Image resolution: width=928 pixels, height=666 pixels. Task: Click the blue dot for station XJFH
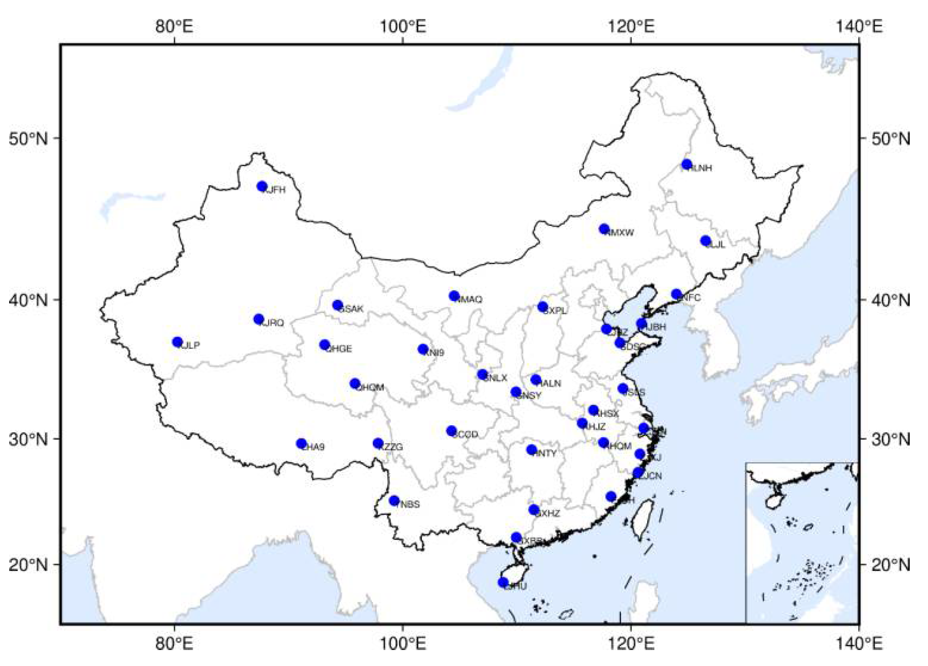[x=262, y=186]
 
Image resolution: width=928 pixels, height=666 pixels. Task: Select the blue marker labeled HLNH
[x=687, y=165]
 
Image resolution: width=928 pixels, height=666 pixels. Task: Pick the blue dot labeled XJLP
[x=177, y=342]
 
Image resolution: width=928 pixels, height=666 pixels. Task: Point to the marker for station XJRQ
[x=258, y=319]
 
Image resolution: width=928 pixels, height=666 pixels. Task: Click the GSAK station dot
[x=338, y=305]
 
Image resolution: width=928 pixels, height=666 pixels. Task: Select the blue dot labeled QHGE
[x=325, y=345]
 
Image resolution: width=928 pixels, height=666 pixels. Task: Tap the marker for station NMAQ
[x=454, y=295]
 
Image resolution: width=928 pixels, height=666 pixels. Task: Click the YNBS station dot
[x=394, y=500]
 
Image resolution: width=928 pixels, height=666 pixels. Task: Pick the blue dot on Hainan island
[x=503, y=582]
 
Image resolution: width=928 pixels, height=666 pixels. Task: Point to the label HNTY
[x=546, y=454]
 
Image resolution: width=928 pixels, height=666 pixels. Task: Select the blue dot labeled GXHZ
[x=534, y=510]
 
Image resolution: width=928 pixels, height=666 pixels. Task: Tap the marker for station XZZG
[x=378, y=443]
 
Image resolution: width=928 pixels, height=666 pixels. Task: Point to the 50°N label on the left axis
[x=28, y=139]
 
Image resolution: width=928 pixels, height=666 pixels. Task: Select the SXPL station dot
[x=542, y=307]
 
